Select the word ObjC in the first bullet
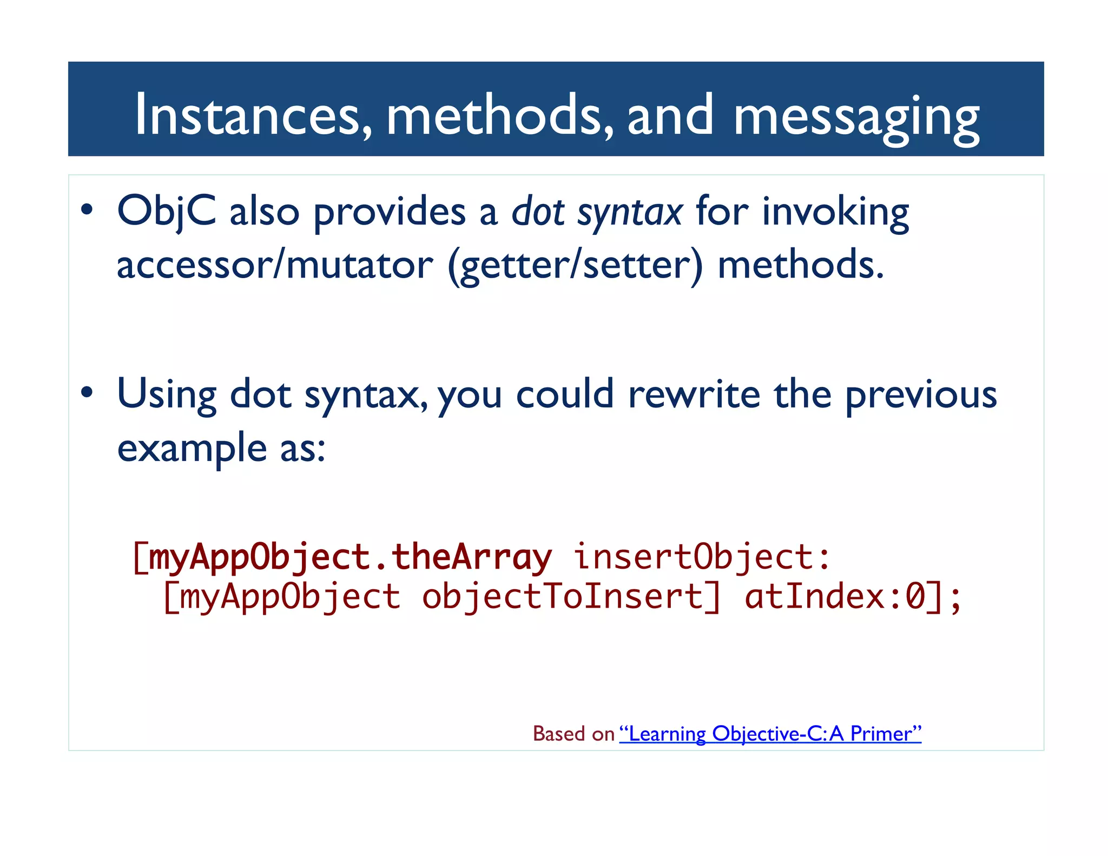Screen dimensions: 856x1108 167,212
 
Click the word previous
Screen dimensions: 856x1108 920,394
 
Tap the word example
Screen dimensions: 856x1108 192,449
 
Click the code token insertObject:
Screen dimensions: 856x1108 702,557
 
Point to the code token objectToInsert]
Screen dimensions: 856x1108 571,597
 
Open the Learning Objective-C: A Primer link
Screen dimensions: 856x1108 770,734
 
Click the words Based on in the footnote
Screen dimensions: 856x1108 573,734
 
